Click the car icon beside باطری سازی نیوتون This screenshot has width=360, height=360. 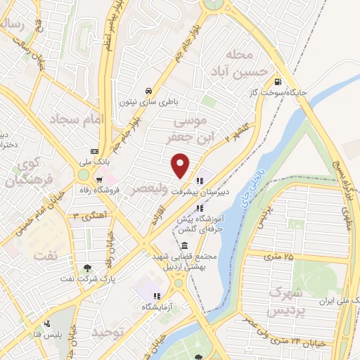(149, 91)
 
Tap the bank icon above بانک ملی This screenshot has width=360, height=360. (94, 151)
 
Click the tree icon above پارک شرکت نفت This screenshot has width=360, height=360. (86, 267)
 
